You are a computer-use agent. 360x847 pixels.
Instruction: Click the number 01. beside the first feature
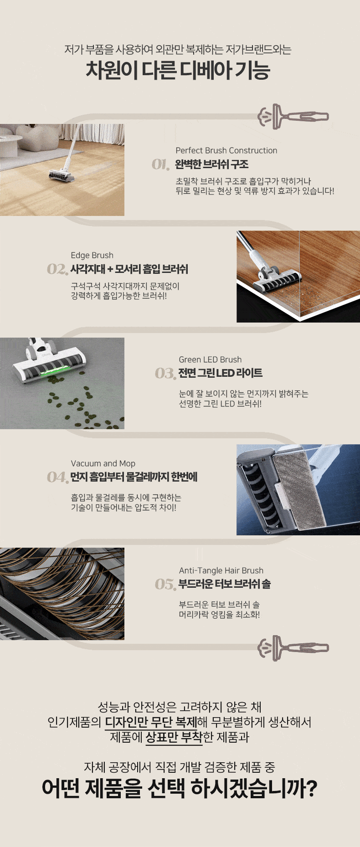[160, 164]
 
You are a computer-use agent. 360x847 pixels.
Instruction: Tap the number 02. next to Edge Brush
[57, 269]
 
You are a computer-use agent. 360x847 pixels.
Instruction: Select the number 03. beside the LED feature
[165, 374]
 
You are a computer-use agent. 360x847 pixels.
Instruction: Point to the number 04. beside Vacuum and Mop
[57, 477]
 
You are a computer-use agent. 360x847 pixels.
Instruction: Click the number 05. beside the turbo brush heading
[165, 584]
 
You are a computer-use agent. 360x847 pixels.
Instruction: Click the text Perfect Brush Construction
[226, 150]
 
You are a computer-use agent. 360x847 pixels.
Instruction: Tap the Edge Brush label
[92, 255]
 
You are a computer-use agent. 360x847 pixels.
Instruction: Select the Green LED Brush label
[210, 359]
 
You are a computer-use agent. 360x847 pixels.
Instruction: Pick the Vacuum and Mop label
[103, 463]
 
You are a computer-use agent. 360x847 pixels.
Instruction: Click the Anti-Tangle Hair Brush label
[221, 570]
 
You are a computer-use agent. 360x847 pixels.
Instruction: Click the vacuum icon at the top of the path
[293, 117]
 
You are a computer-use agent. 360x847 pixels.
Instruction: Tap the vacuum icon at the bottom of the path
[293, 648]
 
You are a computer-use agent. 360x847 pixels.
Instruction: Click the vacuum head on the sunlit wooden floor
[62, 175]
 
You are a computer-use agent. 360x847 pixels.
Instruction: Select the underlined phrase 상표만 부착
[174, 737]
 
